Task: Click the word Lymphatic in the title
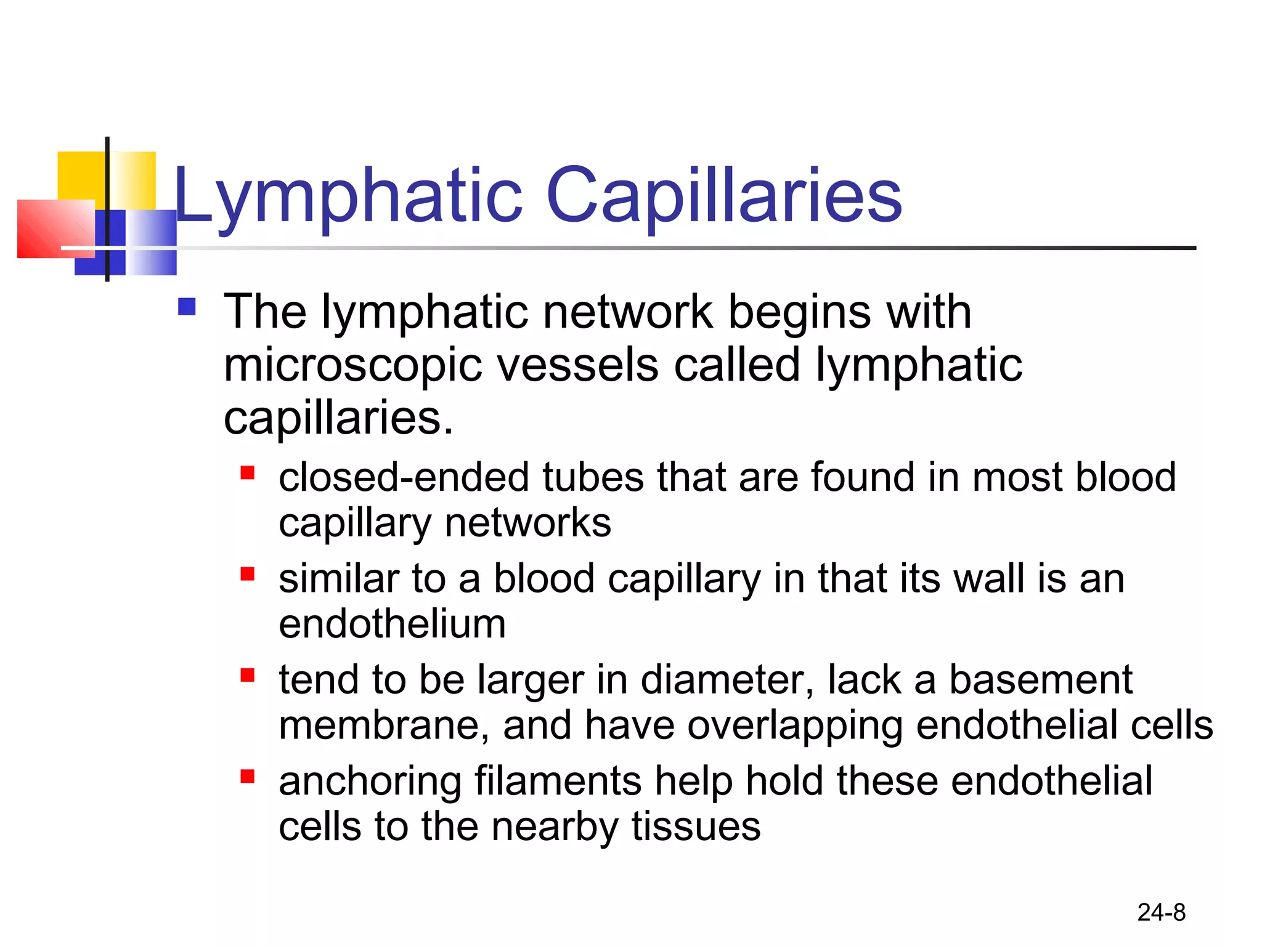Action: [x=348, y=196]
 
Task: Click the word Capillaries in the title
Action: [x=724, y=196]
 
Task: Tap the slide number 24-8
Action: [x=1161, y=912]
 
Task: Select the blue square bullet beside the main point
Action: [x=187, y=307]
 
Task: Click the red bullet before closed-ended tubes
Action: [x=248, y=473]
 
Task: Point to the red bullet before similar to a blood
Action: [x=248, y=574]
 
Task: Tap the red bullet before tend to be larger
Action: [x=248, y=676]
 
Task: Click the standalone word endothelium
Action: [x=392, y=624]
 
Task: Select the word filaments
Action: [x=558, y=781]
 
